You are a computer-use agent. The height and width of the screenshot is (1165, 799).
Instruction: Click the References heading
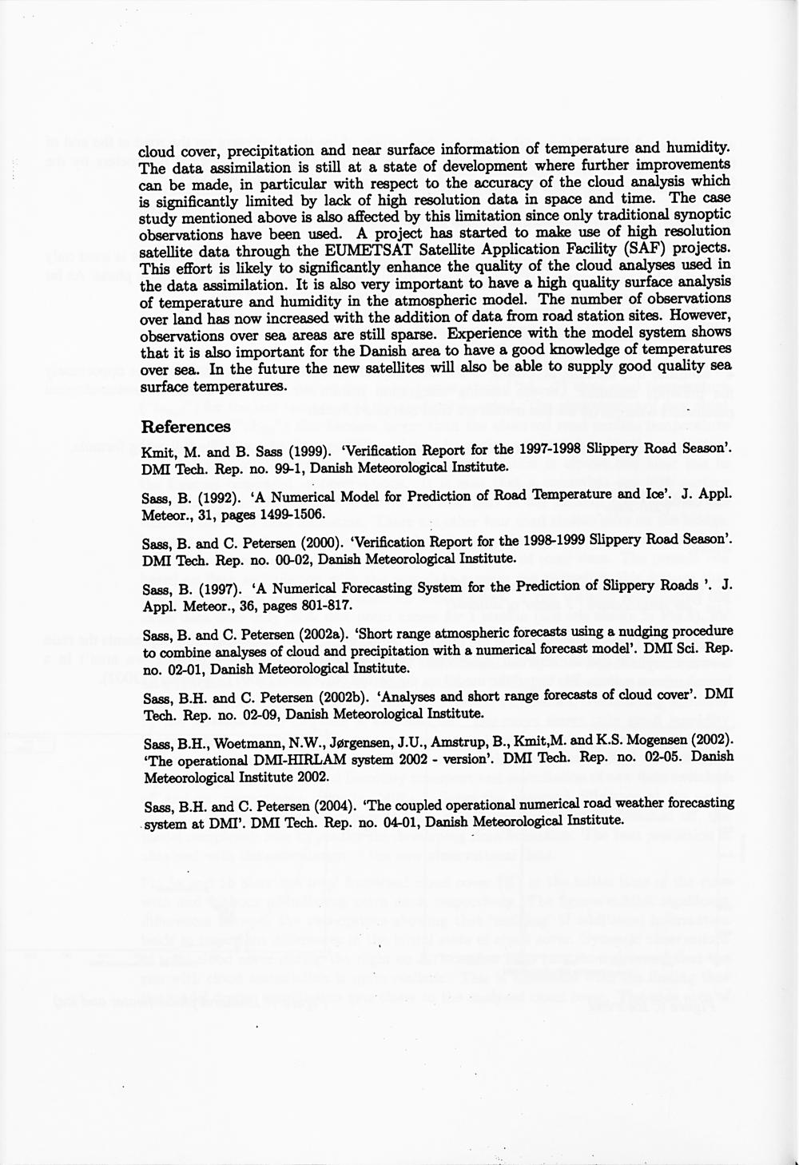click(x=185, y=426)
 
